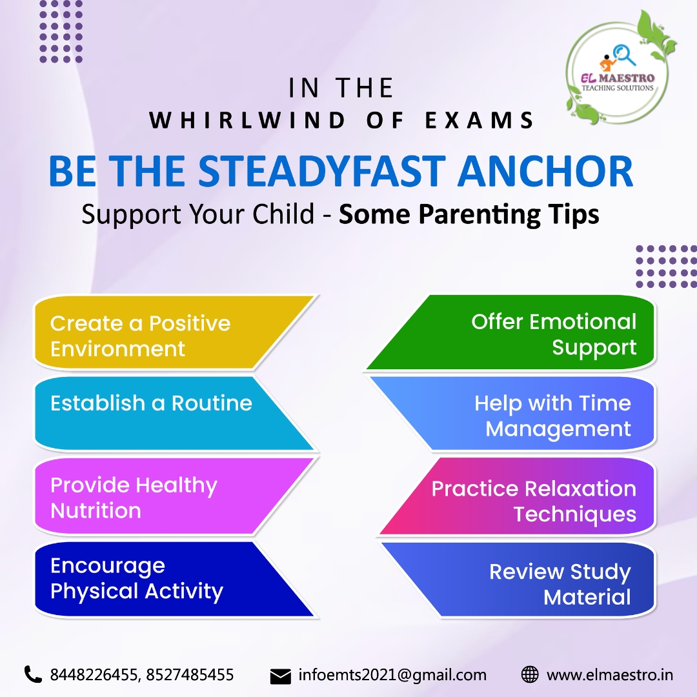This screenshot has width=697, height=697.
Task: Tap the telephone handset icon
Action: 33,674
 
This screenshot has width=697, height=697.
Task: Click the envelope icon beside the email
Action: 280,676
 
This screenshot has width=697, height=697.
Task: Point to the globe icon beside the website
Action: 529,675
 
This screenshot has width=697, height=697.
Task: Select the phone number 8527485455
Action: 190,675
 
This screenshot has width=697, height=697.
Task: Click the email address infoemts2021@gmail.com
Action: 392,675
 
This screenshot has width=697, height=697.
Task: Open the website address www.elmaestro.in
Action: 610,675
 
